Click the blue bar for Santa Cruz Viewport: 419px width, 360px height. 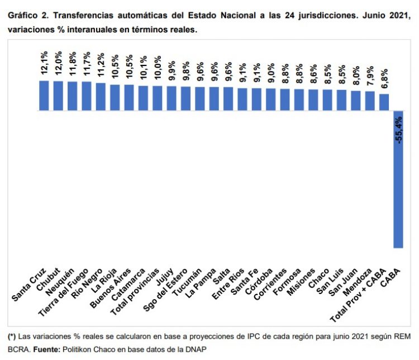44,96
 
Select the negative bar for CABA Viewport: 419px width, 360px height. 398,179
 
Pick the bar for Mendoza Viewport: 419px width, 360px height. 370,101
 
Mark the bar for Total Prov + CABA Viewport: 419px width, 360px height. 384,102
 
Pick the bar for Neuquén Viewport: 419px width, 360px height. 72,96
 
